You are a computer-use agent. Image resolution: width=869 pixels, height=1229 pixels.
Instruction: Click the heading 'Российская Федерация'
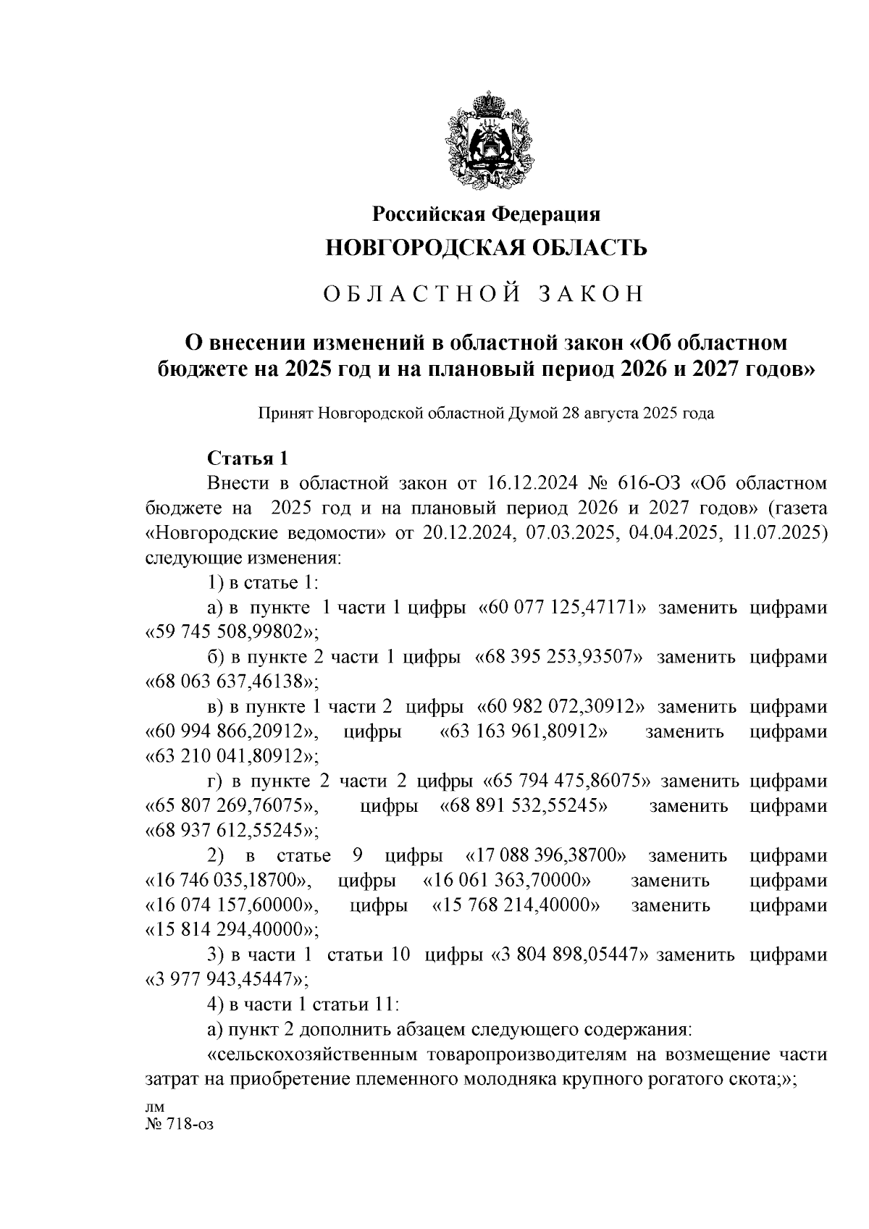[x=486, y=214]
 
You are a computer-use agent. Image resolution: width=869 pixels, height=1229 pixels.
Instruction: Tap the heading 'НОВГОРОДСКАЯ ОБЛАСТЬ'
[x=486, y=248]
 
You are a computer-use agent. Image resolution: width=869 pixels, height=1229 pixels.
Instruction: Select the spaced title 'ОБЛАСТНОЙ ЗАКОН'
[x=483, y=293]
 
